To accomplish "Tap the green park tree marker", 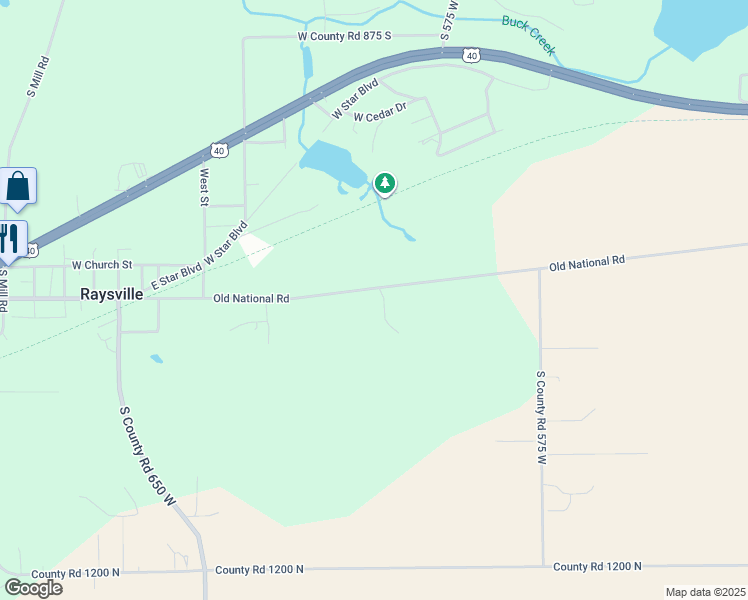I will pos(385,183).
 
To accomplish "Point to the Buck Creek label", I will pos(528,35).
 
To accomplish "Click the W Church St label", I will pos(102,265).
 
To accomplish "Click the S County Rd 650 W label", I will pos(146,455).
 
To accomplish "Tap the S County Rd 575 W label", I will pos(541,418).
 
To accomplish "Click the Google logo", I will pos(34,587).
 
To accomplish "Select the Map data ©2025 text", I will pos(705,592).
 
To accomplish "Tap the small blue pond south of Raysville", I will pos(155,358).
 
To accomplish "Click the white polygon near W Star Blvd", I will pos(256,249).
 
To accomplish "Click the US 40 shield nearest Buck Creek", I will pos(470,56).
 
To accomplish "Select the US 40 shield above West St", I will pos(218,150).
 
